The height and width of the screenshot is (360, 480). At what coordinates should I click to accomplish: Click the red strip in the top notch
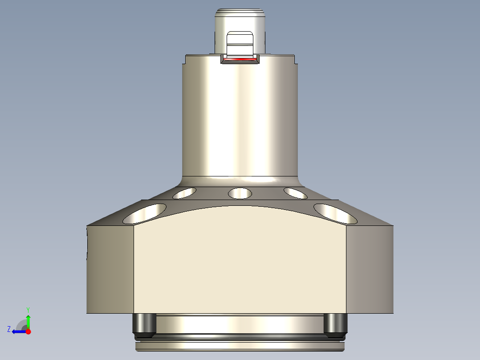click(x=240, y=59)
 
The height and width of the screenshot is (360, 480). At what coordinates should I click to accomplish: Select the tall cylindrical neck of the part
click(x=240, y=116)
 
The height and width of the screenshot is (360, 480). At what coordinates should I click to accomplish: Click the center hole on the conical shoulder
click(x=240, y=193)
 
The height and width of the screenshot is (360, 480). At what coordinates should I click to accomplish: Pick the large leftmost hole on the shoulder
click(x=145, y=213)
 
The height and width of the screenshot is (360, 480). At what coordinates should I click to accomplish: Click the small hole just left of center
click(x=184, y=193)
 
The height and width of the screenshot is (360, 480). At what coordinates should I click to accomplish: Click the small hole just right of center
click(x=295, y=193)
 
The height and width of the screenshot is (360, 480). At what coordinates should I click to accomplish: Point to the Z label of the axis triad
click(x=9, y=329)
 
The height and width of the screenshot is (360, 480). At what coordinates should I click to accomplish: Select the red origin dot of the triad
click(x=28, y=331)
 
